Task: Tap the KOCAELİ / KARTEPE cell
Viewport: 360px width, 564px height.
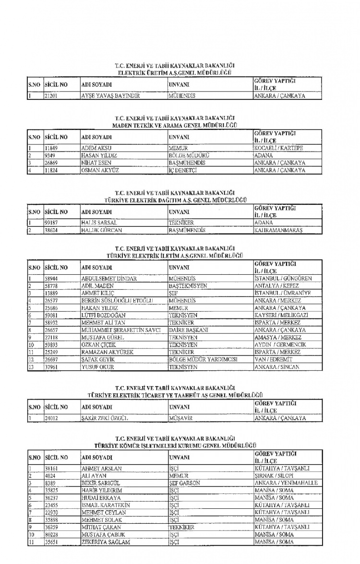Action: click(x=278, y=148)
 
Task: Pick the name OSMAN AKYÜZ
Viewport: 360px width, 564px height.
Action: click(x=99, y=170)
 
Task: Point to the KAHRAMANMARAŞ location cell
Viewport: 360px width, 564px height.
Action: click(x=278, y=230)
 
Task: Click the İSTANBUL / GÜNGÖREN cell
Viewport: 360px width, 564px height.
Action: click(x=283, y=278)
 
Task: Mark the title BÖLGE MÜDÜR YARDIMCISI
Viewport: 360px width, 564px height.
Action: click(x=203, y=359)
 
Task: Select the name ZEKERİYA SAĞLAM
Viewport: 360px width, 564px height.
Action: click(x=106, y=541)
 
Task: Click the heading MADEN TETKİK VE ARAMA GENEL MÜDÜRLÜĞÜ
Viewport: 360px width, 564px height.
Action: click(x=176, y=126)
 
